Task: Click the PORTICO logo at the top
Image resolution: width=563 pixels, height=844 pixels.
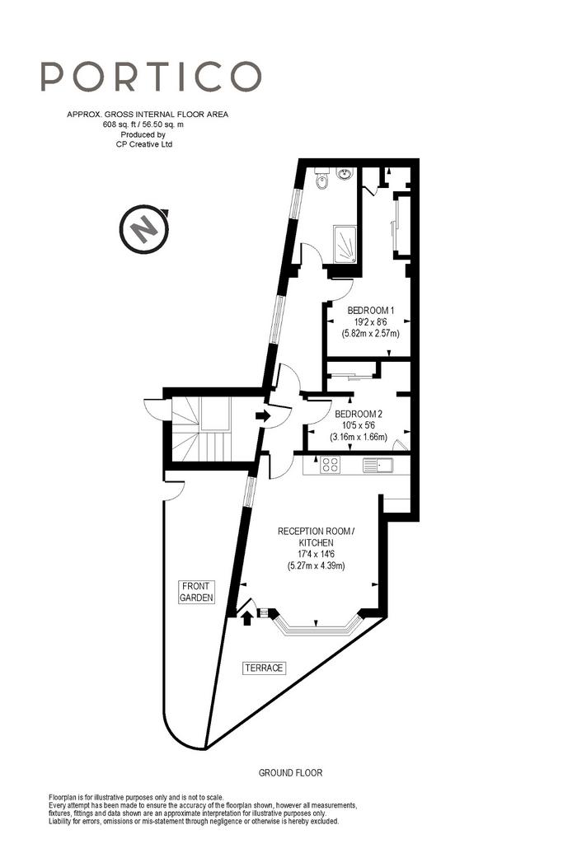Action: tap(151, 76)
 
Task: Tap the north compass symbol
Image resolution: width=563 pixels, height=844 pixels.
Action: tap(144, 229)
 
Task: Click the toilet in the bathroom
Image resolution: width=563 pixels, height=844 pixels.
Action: tap(321, 178)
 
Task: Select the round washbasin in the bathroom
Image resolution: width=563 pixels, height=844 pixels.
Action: tap(345, 173)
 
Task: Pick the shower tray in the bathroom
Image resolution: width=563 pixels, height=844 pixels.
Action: tap(345, 244)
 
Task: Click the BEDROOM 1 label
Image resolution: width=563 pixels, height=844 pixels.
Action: tap(371, 311)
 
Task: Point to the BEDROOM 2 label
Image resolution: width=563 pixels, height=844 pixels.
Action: tap(359, 414)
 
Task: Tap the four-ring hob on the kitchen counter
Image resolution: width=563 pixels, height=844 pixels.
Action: tap(331, 465)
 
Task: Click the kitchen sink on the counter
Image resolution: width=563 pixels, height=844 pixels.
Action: tap(378, 465)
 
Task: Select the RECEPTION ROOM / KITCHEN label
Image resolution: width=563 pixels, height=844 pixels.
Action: tap(316, 537)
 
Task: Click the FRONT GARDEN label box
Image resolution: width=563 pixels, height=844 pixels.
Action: tap(196, 592)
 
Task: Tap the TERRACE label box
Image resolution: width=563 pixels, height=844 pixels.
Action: tap(264, 668)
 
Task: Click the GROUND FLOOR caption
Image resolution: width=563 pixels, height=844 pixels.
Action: tap(291, 773)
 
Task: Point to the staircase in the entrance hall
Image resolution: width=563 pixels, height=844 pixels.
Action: tap(201, 429)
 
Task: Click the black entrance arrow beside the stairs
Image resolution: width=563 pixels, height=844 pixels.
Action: tap(263, 415)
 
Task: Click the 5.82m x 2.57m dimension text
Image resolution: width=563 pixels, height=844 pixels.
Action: tap(371, 334)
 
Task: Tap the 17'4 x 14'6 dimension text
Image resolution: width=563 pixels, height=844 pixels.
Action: tap(317, 554)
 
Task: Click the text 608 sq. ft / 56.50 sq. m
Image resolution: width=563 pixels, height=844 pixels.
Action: tap(143, 124)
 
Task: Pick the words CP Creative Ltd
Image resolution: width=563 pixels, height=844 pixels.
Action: tap(144, 144)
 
